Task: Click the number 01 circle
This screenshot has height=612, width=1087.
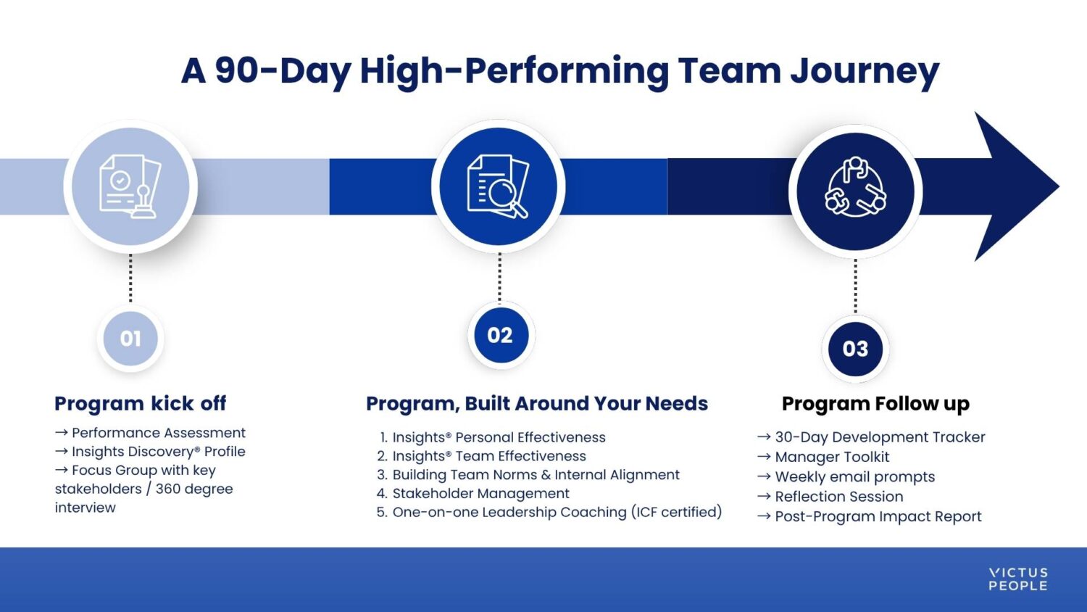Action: tap(130, 339)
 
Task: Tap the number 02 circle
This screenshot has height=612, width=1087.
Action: tap(500, 335)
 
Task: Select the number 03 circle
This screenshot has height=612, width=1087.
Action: tap(855, 349)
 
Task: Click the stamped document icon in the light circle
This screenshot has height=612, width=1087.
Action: tap(130, 186)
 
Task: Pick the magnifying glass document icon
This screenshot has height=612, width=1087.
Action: tap(498, 186)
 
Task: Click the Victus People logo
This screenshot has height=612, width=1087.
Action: tap(1017, 579)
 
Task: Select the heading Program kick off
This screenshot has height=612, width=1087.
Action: tap(140, 403)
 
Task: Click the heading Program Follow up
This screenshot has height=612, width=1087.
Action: tap(875, 403)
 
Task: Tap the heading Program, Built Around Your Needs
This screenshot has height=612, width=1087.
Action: tap(536, 403)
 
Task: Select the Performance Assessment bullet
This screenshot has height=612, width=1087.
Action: tap(158, 433)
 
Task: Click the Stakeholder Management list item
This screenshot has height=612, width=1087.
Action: tap(480, 494)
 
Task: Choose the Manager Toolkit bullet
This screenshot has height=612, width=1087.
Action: tap(832, 457)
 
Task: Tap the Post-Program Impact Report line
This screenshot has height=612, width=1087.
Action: tap(878, 516)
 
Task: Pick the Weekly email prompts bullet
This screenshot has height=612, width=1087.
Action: tap(854, 476)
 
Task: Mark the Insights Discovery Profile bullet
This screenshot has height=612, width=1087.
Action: tap(158, 452)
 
